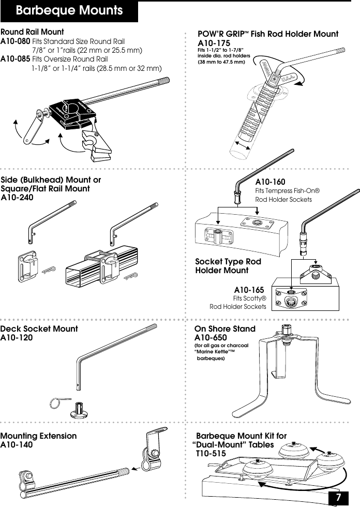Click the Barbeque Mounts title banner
coord(69,11)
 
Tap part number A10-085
coord(15,59)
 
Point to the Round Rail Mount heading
coord(33,32)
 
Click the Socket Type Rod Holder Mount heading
coord(228,266)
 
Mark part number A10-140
coord(17,444)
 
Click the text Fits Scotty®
coord(250,299)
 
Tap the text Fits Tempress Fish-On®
coord(288,191)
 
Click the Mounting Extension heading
coord(39,436)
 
